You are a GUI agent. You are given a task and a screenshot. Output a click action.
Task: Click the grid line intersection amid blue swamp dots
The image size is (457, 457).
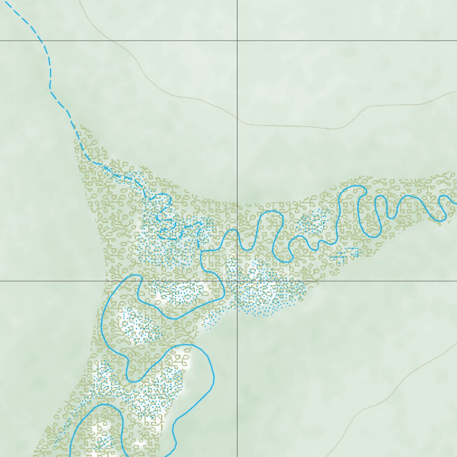237,281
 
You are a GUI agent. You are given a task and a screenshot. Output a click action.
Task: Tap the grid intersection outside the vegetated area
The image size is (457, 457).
237,41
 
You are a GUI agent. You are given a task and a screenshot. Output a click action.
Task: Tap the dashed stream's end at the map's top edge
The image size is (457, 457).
6,1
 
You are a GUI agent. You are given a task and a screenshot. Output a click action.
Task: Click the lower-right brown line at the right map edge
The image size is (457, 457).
456,344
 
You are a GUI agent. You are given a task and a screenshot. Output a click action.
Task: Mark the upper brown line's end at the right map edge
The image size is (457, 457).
456,92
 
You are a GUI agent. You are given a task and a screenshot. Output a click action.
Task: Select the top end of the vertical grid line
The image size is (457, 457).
237,1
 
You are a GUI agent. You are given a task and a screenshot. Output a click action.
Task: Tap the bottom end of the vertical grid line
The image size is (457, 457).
237,456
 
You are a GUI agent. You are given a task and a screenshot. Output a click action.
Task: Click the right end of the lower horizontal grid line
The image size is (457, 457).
456,281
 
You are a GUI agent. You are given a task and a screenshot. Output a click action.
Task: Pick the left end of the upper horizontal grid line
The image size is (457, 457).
1,41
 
